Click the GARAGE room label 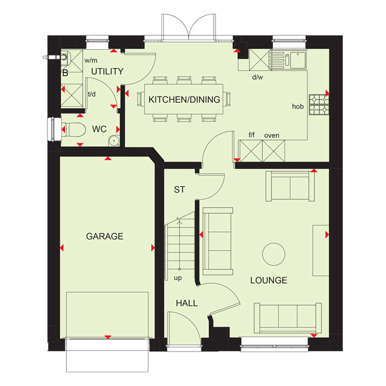click(105, 236)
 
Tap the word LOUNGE click(269, 280)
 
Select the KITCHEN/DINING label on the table click(184, 100)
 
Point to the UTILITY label click(107, 72)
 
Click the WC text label click(99, 129)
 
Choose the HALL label click(187, 303)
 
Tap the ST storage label click(179, 189)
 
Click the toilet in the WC click(73, 130)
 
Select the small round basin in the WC click(114, 141)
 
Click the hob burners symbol click(319, 105)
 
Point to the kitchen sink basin click(298, 60)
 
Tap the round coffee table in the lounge click(274, 254)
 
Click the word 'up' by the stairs click(178, 278)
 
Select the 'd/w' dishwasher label click(258, 77)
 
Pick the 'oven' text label click(272, 136)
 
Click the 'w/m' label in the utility click(91, 60)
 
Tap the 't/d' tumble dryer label click(92, 94)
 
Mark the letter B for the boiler click(65, 73)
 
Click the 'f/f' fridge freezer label click(251, 135)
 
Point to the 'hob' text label click(298, 106)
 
